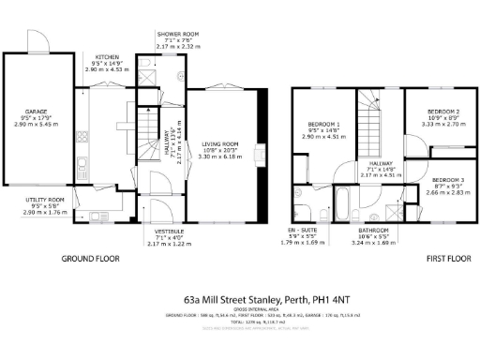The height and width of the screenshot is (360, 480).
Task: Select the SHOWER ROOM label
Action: tap(176, 34)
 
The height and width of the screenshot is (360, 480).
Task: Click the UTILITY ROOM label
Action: tap(44, 200)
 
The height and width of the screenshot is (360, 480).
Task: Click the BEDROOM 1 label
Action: tap(324, 125)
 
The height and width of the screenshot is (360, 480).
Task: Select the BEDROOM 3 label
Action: tap(448, 179)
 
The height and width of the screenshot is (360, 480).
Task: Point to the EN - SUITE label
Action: tap(305, 231)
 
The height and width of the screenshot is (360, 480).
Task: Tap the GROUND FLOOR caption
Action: tap(92, 259)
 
